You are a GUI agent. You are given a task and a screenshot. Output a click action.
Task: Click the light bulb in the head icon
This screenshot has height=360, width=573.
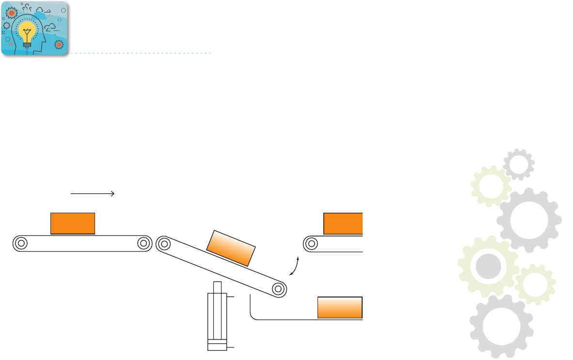(27, 32)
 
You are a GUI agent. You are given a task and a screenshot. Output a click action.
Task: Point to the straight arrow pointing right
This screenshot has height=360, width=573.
(92, 193)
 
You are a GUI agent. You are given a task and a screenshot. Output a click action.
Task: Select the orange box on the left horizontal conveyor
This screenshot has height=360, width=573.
(73, 223)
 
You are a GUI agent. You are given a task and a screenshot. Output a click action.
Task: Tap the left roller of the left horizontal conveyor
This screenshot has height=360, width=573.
(20, 243)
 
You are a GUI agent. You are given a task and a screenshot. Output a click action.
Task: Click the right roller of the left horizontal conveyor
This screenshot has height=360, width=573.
(143, 243)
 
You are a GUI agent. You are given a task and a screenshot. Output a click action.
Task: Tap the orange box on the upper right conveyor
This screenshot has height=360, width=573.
(343, 223)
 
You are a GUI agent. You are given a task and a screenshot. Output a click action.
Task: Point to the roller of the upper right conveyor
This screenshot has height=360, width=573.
(311, 244)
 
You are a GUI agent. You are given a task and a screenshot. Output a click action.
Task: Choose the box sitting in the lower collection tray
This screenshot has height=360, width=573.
(339, 307)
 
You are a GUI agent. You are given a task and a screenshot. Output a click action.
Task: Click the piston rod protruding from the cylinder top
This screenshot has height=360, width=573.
(217, 287)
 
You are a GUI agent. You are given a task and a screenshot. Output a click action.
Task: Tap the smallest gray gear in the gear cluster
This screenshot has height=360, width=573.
(518, 165)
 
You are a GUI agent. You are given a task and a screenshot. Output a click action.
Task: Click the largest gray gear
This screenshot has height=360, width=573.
(529, 220)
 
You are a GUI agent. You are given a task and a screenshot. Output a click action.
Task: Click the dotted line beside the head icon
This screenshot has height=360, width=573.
(141, 53)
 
